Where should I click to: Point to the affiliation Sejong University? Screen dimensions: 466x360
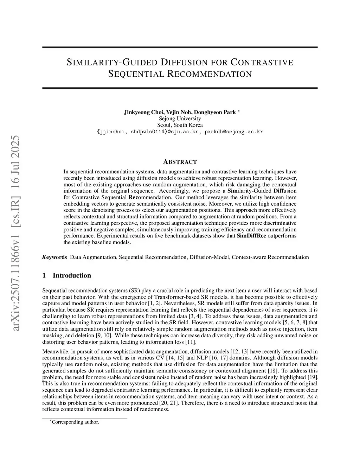(x=180, y=119)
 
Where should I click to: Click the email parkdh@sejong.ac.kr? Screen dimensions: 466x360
(x=234, y=132)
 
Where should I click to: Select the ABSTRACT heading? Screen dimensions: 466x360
(x=180, y=162)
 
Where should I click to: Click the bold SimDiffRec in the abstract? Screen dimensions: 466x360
(x=251, y=236)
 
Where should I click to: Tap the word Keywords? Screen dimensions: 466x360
(x=54, y=257)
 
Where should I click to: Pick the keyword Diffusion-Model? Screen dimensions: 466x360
(x=210, y=257)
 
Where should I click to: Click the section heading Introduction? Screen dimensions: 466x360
(x=72, y=275)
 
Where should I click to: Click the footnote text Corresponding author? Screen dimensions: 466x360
(x=75, y=422)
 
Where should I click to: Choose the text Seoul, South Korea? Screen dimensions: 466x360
(x=180, y=125)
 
